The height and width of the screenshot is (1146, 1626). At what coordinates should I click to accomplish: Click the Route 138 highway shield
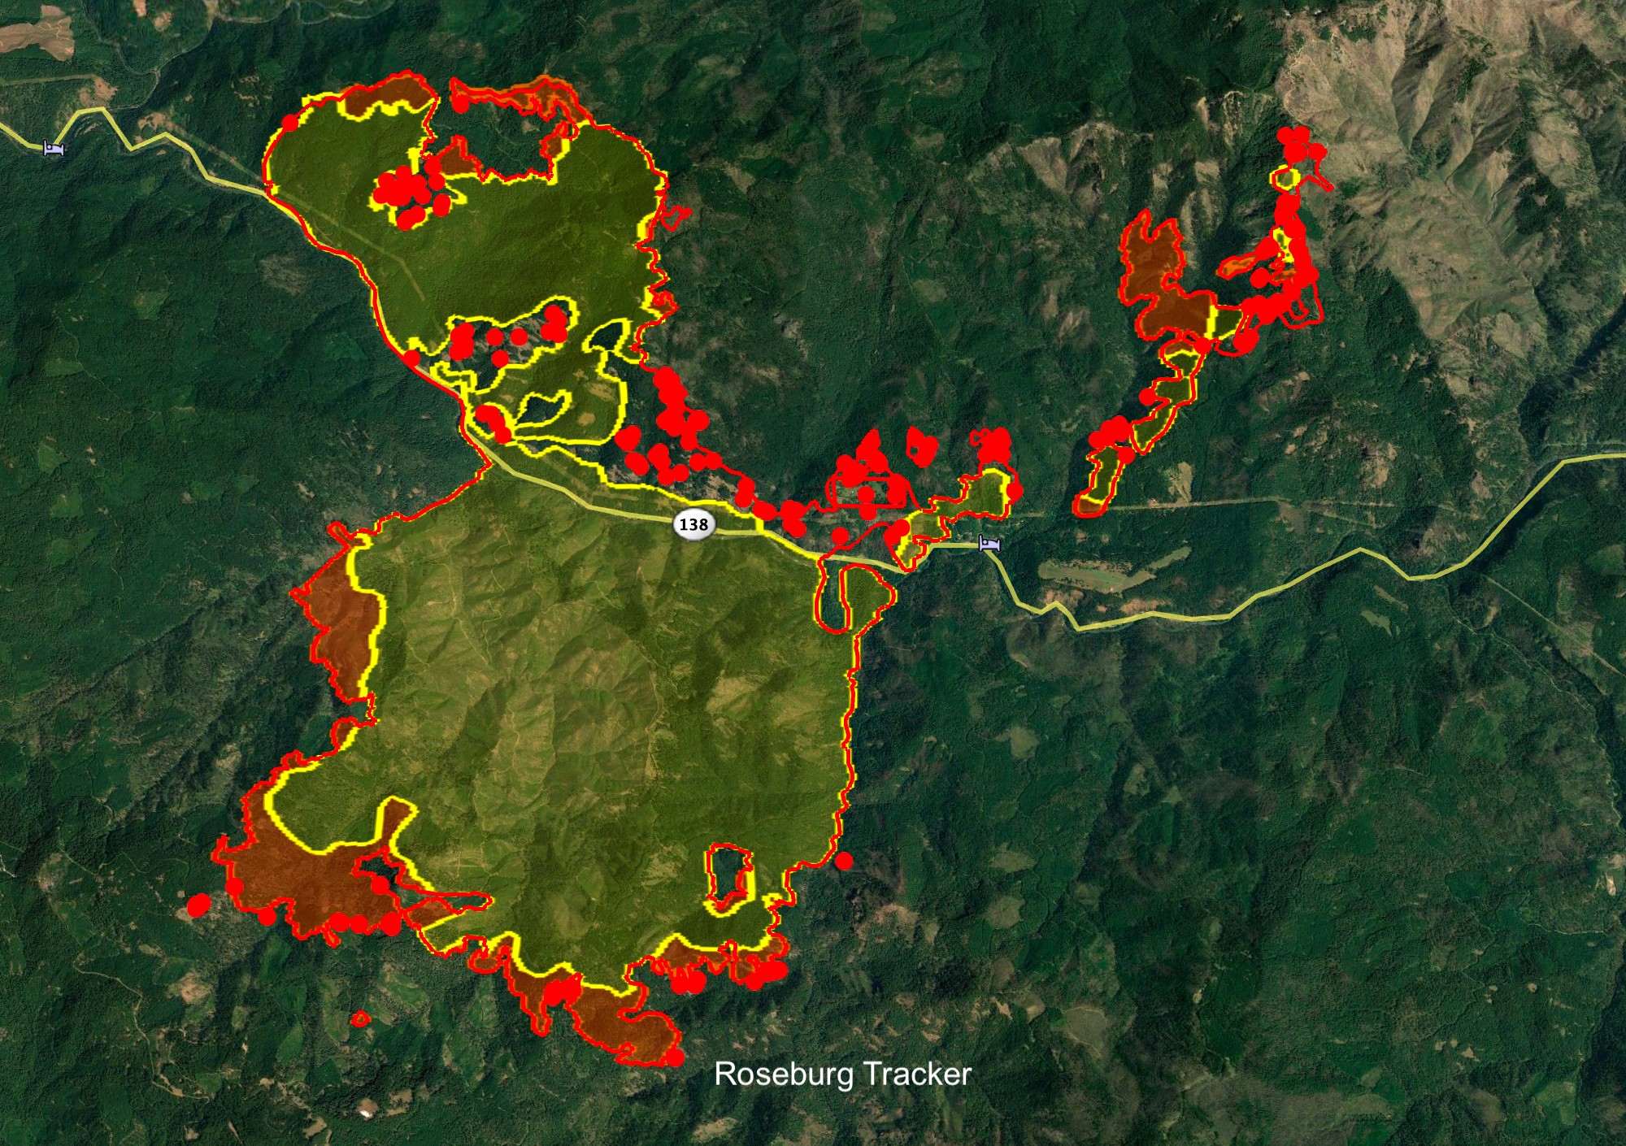click(693, 524)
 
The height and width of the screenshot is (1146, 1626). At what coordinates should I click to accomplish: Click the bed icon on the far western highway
click(54, 148)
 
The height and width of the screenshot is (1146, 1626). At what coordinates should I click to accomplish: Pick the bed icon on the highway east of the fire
click(989, 544)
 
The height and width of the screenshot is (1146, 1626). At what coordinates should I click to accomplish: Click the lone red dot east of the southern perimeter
click(844, 861)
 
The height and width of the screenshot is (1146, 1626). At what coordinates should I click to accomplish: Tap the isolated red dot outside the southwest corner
click(198, 905)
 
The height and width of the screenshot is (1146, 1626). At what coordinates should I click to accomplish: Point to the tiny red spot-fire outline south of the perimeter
click(359, 1018)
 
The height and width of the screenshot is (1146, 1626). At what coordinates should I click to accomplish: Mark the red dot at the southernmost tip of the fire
click(675, 1057)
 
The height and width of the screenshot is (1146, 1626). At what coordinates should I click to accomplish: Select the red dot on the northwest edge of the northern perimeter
click(289, 123)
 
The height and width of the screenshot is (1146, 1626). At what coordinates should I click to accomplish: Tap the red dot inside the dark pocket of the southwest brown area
click(380, 884)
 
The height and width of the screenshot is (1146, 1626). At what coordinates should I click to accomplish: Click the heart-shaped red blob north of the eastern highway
click(921, 445)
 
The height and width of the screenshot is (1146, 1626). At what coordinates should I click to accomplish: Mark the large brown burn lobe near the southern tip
click(626, 1028)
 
